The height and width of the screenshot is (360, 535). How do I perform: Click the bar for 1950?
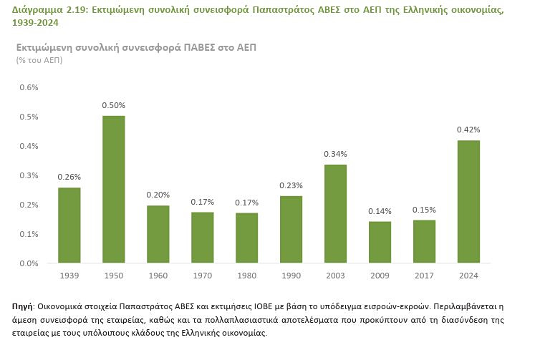[x=114, y=189]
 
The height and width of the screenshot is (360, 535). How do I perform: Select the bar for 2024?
[x=468, y=202]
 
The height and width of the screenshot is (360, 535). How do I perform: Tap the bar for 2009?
[x=380, y=242]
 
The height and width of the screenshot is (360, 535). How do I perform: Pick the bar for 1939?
[x=69, y=225]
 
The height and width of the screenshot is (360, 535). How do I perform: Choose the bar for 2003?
[x=335, y=214]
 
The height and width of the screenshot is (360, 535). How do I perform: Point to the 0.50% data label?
[x=114, y=105]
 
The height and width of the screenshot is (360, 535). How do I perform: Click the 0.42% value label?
[x=468, y=130]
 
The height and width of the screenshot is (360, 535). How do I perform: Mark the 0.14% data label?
[x=380, y=211]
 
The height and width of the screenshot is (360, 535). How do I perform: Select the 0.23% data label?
[x=291, y=185]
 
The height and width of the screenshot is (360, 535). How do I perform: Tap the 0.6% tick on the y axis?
[x=29, y=87]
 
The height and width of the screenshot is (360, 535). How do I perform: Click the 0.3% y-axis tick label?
[x=29, y=175]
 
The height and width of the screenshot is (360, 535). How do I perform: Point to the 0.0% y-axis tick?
[x=29, y=263]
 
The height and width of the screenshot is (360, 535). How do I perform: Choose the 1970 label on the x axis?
[x=203, y=276]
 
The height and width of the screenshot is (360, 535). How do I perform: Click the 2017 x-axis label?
[x=424, y=276]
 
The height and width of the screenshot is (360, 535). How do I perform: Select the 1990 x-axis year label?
[x=291, y=276]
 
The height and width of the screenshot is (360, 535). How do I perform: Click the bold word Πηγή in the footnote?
[x=22, y=306]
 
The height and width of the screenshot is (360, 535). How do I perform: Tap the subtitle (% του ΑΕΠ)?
[x=39, y=60]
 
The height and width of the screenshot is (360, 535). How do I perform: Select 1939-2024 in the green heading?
[x=35, y=23]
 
